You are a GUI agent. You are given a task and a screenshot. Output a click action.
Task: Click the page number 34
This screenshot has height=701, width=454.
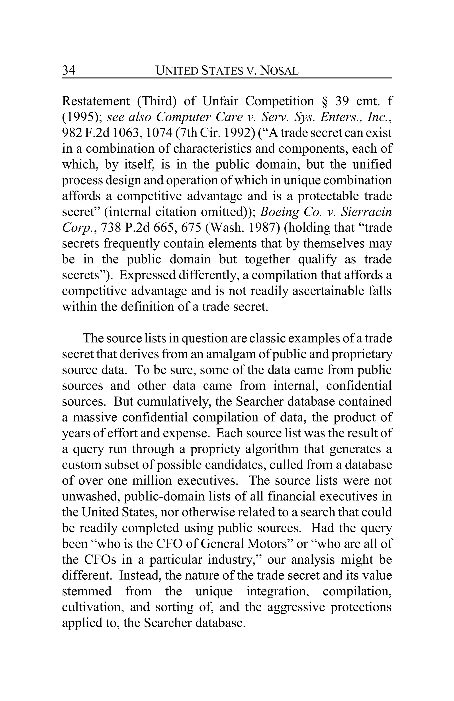(69, 70)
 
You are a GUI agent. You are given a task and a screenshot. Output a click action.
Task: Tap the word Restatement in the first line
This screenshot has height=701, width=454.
(96, 101)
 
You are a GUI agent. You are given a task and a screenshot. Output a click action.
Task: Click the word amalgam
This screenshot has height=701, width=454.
(231, 354)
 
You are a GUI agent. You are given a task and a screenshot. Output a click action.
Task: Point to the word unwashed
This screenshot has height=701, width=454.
(90, 497)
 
